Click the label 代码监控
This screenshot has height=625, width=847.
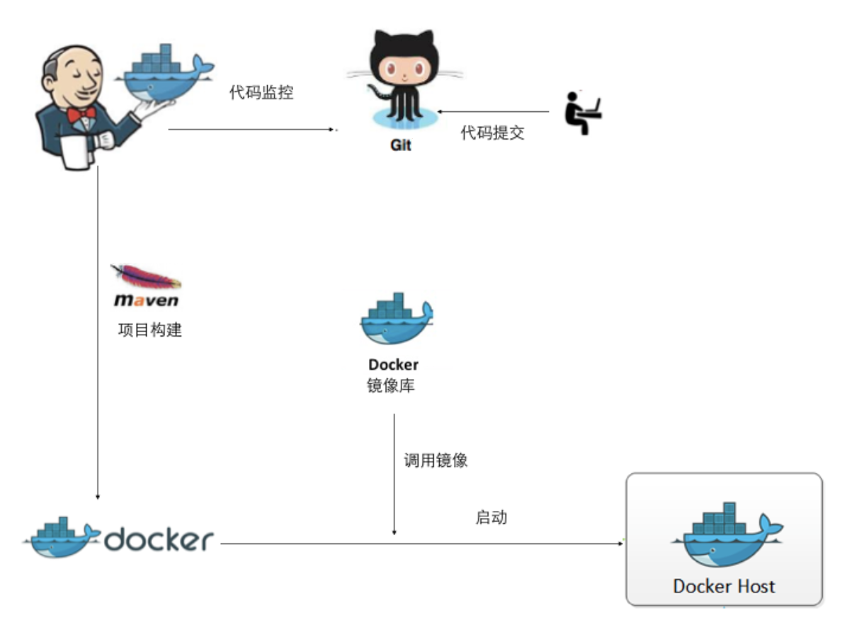[261, 93]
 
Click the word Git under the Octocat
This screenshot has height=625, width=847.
[400, 145]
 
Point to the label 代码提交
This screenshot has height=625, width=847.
[493, 133]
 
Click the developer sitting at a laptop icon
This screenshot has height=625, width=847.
[582, 113]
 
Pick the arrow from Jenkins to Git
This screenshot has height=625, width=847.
[251, 130]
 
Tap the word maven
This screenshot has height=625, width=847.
[146, 301]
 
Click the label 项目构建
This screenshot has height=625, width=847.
[149, 330]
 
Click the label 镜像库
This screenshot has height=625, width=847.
[390, 386]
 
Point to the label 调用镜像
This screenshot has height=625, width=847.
[436, 461]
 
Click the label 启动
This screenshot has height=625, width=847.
[491, 517]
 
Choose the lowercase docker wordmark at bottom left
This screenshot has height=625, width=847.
[159, 540]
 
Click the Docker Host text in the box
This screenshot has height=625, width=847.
[724, 586]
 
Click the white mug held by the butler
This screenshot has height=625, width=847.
[77, 152]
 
